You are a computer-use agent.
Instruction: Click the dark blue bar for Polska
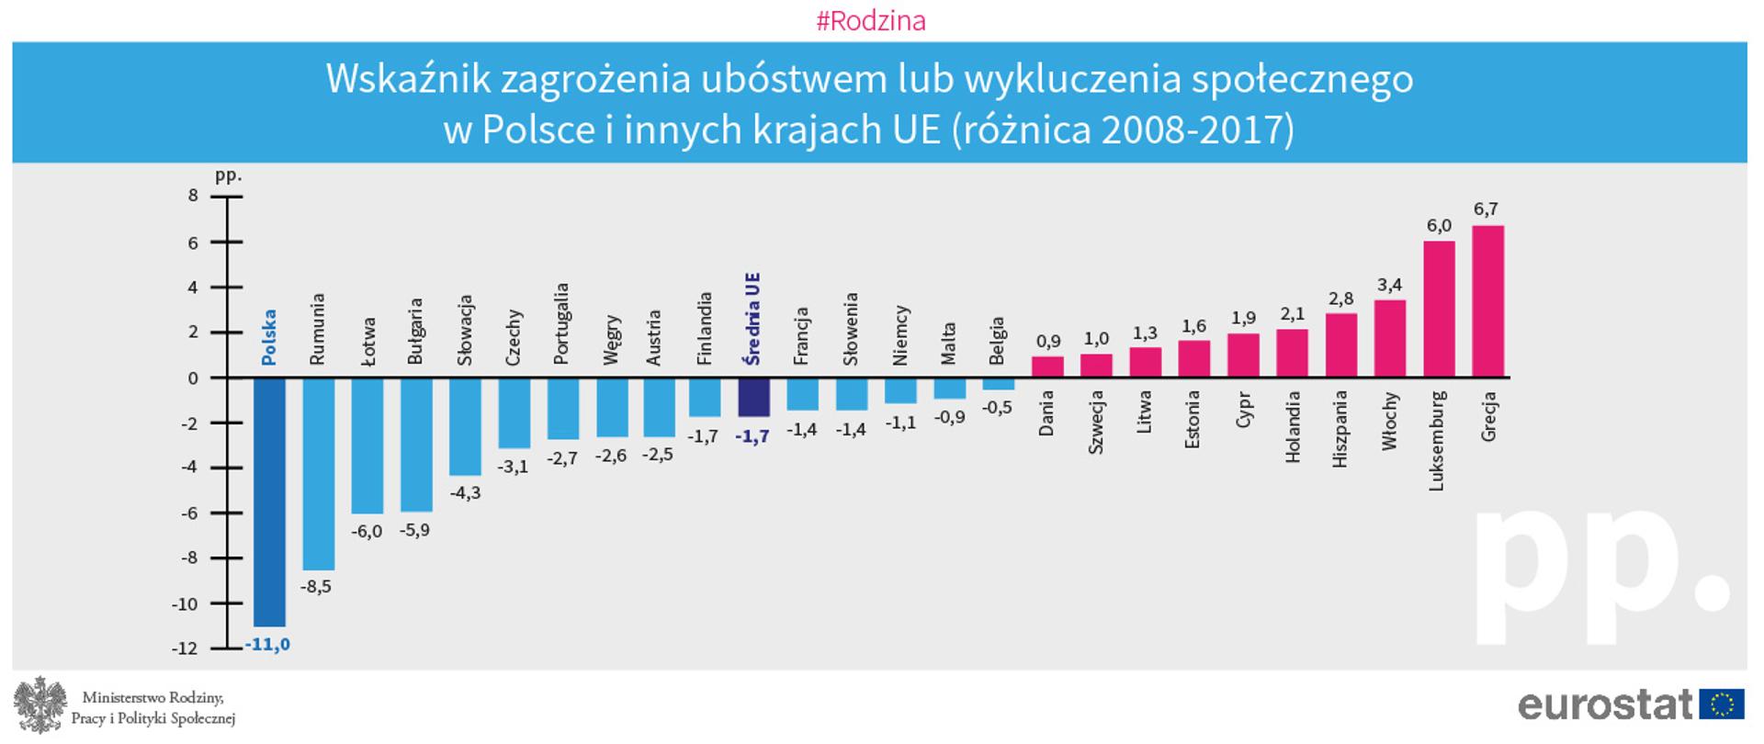click(x=269, y=501)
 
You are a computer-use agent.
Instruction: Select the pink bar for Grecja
click(x=1487, y=301)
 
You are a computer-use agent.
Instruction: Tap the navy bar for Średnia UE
click(x=753, y=397)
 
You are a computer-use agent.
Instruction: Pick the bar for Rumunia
click(x=318, y=473)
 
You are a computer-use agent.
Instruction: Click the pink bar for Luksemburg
click(x=1439, y=309)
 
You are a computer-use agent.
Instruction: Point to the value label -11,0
click(x=267, y=645)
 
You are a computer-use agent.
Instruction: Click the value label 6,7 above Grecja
click(x=1486, y=209)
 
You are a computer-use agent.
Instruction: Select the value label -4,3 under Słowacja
click(x=465, y=493)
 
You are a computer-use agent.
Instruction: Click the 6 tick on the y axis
click(x=193, y=243)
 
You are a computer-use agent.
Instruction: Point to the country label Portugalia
click(x=562, y=323)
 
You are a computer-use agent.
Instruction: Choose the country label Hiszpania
click(x=1340, y=429)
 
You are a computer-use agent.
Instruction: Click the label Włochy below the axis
click(x=1389, y=421)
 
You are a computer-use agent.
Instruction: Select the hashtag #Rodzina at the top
click(x=871, y=21)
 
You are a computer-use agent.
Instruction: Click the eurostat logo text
click(x=1604, y=705)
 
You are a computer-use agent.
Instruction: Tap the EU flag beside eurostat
click(x=1721, y=705)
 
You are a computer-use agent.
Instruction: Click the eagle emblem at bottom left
click(x=40, y=705)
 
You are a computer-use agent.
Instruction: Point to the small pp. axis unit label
click(x=228, y=175)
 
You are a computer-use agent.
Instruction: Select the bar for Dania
click(x=1047, y=366)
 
